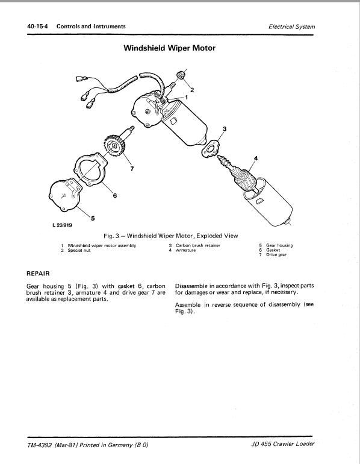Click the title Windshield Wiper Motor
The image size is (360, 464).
coord(170,48)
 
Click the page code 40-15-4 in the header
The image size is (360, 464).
coord(34,27)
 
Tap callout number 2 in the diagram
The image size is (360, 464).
coord(192,90)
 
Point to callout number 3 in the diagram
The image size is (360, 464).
coord(225,129)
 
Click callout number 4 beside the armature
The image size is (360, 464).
coord(255,158)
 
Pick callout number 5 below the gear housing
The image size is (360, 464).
coord(92,218)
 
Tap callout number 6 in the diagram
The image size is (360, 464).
coord(114,196)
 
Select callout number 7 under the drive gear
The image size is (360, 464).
coord(132,169)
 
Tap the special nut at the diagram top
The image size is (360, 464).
coord(179,76)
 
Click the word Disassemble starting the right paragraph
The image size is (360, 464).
coord(196,286)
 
